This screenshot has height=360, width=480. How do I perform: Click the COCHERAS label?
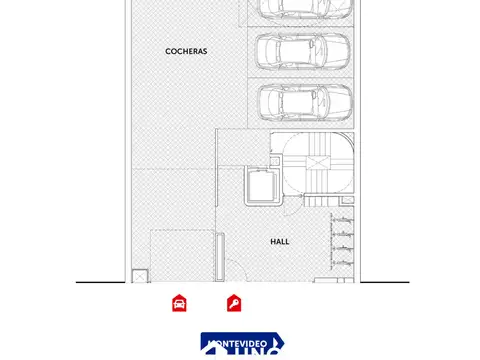pos(187,50)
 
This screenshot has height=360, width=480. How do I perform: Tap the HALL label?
pos(280,242)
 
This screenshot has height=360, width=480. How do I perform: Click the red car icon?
pos(179,303)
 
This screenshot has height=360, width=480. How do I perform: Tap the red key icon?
pos(233,303)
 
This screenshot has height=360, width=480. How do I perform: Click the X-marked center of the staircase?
pos(318,163)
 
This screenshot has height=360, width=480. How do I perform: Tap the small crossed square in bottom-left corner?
pos(139,275)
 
